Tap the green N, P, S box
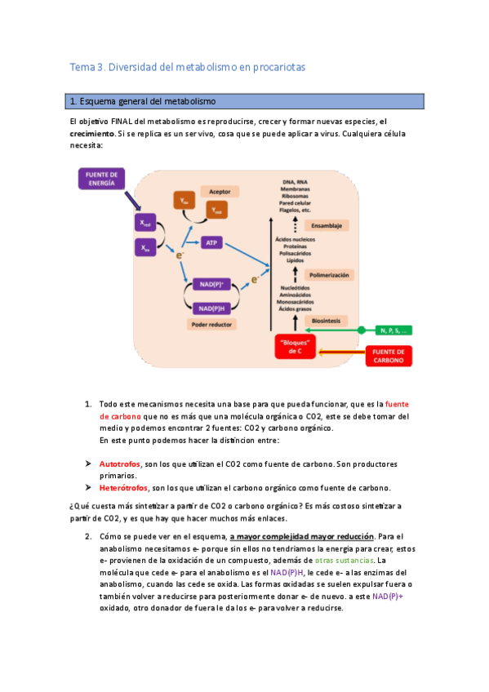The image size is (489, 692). tap(395, 330)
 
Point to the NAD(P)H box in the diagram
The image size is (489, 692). tap(213, 308)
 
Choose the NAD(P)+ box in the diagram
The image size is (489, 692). tap(213, 284)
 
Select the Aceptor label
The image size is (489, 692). tap(220, 190)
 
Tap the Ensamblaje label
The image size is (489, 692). tap(326, 225)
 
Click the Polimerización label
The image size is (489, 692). tap(328, 275)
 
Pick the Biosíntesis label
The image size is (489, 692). tap(327, 322)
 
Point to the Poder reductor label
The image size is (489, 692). tap(213, 325)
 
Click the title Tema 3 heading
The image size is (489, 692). tap(186, 68)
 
